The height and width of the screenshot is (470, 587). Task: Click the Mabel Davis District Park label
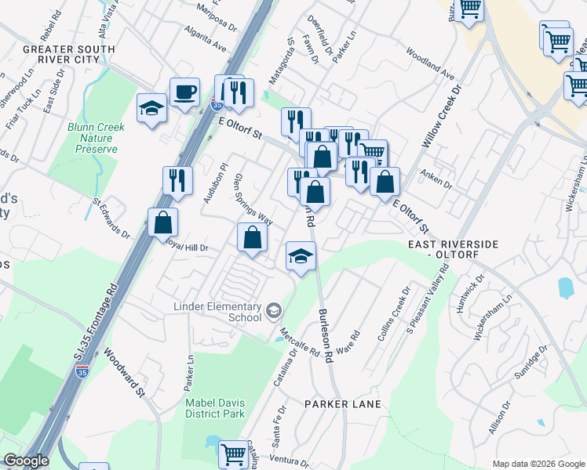[x=215, y=407]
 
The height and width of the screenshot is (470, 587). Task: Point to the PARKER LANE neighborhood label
[x=343, y=404]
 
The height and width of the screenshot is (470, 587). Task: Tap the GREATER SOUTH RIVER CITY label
[x=69, y=55]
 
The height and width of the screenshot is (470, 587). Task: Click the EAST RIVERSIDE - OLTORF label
[x=453, y=250]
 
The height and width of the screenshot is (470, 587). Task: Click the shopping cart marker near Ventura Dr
[x=232, y=454]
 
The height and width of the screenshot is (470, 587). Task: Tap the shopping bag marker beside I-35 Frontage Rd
[x=162, y=222]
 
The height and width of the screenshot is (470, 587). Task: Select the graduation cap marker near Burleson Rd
[x=301, y=256]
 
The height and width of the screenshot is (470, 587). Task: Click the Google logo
[x=25, y=461]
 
